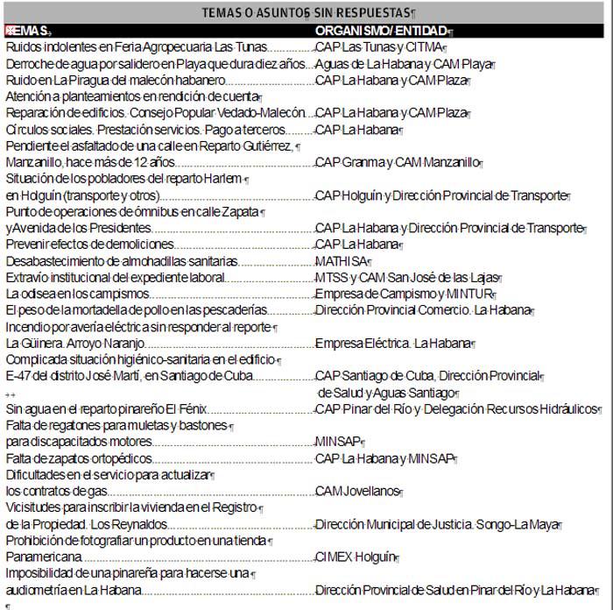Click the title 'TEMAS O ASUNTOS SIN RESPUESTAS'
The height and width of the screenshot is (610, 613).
307,13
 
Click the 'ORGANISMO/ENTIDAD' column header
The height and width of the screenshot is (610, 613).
377,31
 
